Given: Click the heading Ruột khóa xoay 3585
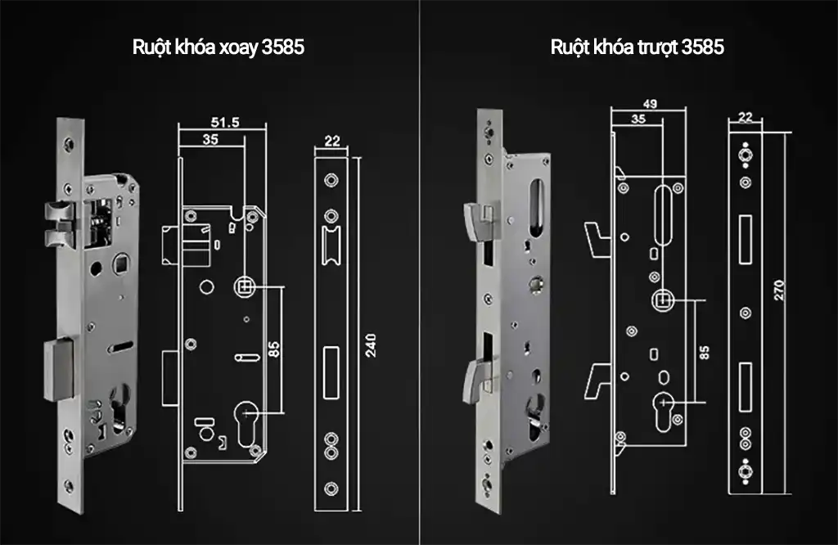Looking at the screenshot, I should (x=219, y=47).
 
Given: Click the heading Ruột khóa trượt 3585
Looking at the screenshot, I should (x=637, y=47).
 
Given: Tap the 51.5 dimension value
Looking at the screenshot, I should (x=224, y=122).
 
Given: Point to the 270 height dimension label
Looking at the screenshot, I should (x=779, y=290).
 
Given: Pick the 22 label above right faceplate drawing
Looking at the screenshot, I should (x=745, y=117).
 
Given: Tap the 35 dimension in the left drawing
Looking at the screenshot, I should (x=209, y=140).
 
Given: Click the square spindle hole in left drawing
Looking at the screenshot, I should (x=244, y=287).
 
